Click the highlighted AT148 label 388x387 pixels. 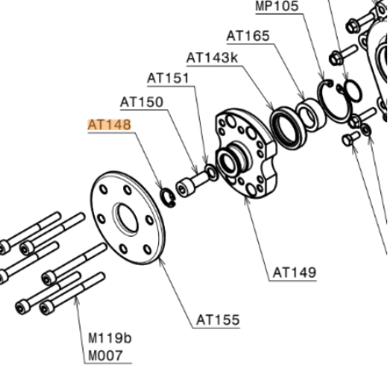109,125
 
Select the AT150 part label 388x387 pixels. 142,102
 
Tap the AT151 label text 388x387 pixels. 168,78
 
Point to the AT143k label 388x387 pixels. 212,58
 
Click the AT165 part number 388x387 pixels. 248,36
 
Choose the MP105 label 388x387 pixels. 277,6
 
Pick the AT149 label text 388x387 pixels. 294,273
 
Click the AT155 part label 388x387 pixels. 218,320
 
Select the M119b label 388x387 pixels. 109,338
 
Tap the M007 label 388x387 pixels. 105,355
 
